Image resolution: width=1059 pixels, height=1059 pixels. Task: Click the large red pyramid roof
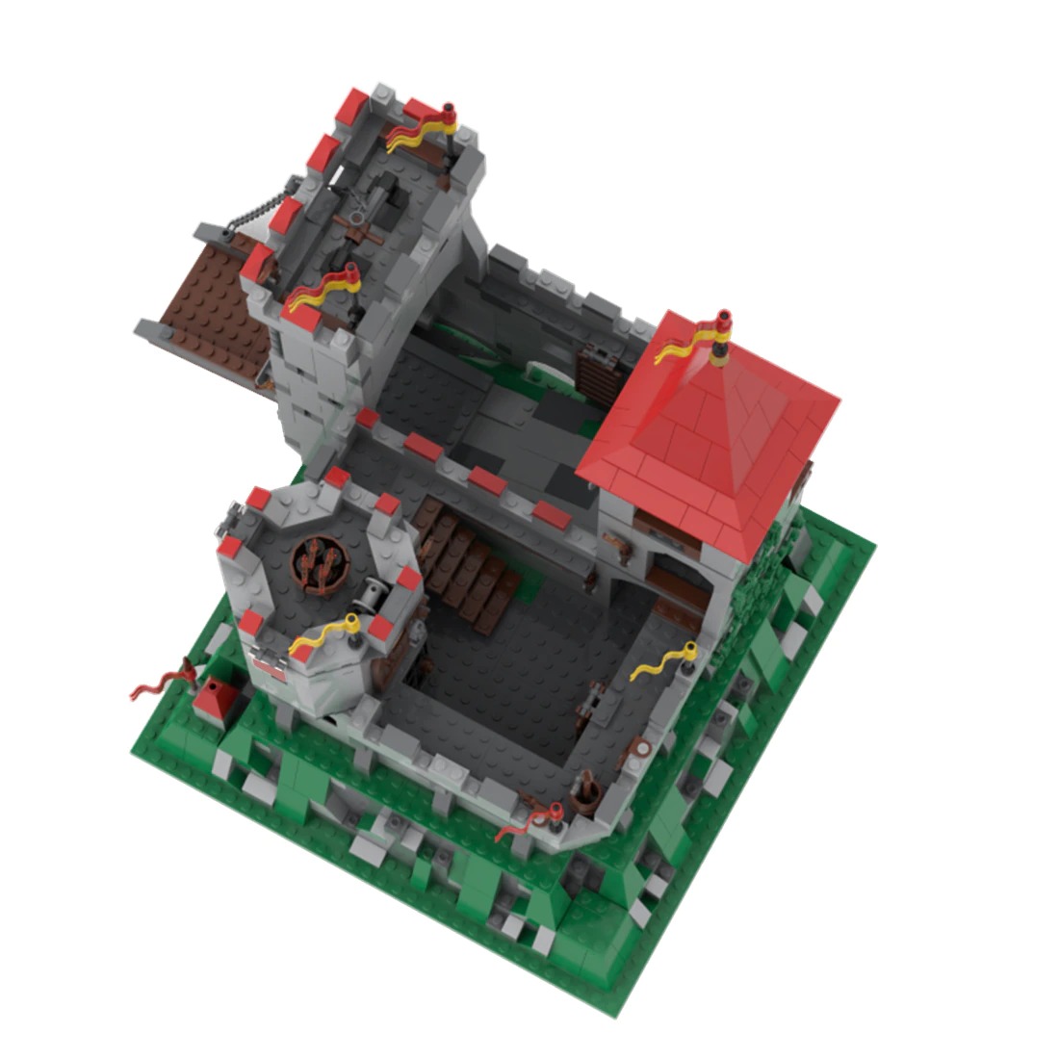click(x=712, y=424)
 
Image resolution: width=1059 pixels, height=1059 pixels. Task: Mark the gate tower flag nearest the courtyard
click(x=323, y=289)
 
